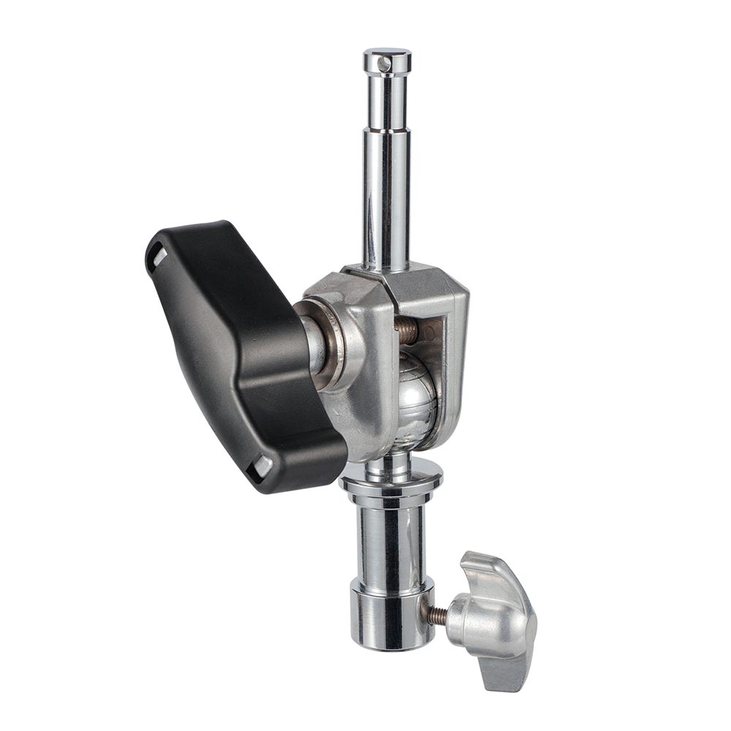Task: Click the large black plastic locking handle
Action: pyautogui.click(x=241, y=351)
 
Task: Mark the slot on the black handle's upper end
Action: pyautogui.click(x=157, y=256)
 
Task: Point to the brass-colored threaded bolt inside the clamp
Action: pyautogui.click(x=406, y=331)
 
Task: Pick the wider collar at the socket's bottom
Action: pyautogui.click(x=392, y=621)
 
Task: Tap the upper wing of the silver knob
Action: pyautogui.click(x=490, y=574)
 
